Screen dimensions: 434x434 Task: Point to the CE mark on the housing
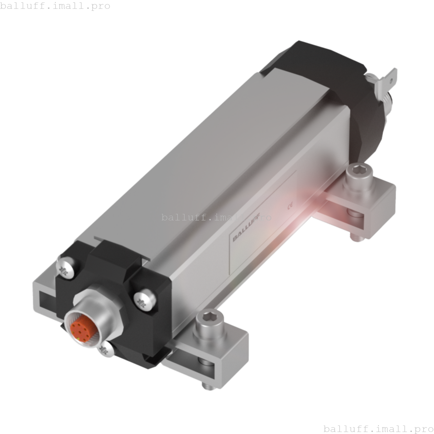290,205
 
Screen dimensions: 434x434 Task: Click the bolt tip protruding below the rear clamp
355,237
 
